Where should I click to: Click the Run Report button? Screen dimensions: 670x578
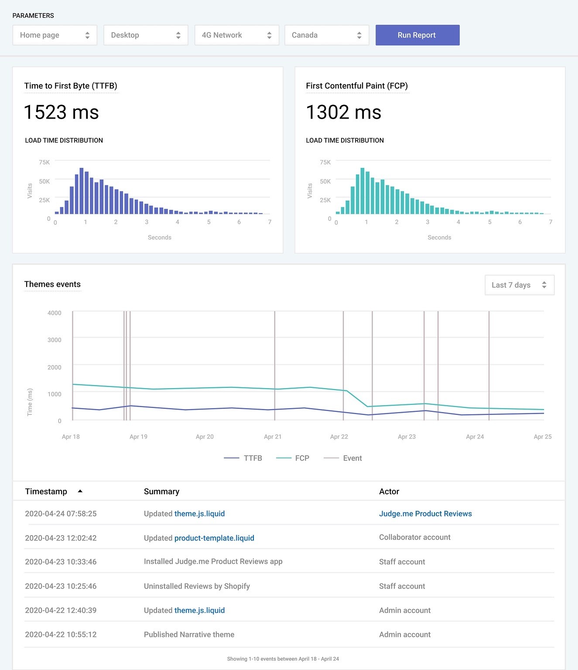click(417, 35)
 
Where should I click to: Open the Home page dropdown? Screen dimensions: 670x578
click(55, 35)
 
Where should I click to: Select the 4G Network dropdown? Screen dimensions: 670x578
click(236, 35)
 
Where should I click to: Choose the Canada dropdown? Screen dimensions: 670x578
click(326, 35)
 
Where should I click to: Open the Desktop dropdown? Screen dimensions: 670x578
click(145, 35)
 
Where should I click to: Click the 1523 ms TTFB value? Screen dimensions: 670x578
click(61, 112)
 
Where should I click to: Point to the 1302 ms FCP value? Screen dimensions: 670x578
click(343, 112)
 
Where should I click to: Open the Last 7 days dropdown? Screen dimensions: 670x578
click(519, 285)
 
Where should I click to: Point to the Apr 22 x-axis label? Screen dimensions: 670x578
click(339, 437)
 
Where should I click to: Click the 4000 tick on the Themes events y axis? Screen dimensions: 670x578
click(55, 313)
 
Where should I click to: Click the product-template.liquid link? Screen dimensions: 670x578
click(214, 538)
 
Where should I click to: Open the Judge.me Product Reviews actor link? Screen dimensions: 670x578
click(425, 513)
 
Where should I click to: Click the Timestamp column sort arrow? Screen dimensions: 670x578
click(80, 491)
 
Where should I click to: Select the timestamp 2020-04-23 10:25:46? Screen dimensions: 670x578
click(61, 586)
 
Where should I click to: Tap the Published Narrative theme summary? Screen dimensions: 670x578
click(189, 634)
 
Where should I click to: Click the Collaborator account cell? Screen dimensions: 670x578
click(414, 537)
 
